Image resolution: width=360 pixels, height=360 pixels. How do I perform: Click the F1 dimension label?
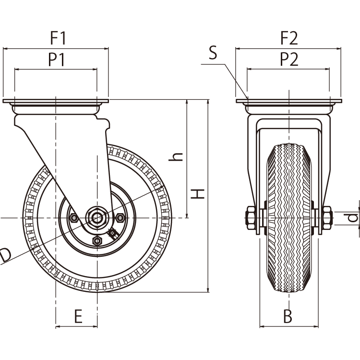58,37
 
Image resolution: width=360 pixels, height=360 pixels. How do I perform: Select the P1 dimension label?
57,60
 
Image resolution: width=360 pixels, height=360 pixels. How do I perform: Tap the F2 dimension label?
289,37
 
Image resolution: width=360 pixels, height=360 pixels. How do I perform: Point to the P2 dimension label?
289,60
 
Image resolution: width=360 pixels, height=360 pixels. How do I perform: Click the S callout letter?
213,53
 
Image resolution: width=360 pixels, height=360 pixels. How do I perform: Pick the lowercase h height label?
177,156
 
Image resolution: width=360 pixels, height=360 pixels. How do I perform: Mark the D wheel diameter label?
5,255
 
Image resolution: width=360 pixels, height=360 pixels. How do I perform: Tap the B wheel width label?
287,316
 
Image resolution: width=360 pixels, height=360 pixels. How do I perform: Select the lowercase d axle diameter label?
353,217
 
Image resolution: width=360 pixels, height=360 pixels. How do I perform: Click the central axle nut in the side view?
97,218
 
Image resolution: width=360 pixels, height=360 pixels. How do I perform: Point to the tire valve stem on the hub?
114,234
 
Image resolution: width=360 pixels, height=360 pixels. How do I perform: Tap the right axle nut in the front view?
326,217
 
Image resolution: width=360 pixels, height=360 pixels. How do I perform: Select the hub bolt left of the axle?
74,218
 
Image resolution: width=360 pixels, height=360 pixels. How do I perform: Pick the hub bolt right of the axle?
120,218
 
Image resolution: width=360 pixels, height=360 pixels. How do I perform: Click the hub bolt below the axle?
97,240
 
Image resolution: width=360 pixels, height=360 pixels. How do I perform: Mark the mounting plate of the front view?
288,101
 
